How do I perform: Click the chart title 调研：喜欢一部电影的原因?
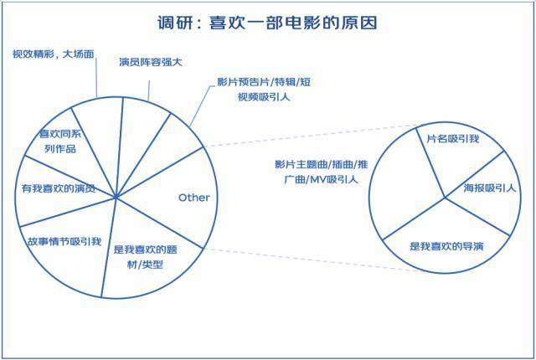coord(268,23)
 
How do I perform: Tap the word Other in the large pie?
coord(193,198)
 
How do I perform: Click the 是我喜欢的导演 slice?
coord(446,246)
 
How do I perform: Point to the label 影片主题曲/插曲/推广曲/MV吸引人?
coord(316,171)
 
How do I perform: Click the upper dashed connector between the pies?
coord(310,136)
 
